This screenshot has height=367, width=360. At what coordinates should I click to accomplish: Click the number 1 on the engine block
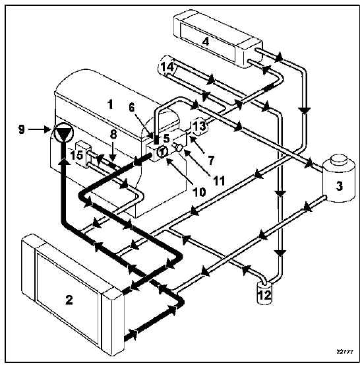click(x=110, y=105)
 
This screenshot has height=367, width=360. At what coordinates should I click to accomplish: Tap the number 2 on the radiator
click(x=69, y=300)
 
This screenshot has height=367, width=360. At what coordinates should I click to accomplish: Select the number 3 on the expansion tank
click(x=340, y=186)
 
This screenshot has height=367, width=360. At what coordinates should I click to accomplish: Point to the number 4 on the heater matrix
click(x=206, y=42)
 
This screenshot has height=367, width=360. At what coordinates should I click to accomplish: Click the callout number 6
click(x=132, y=108)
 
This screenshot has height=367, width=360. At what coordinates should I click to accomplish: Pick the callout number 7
click(x=211, y=161)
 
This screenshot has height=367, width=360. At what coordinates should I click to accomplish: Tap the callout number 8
click(x=113, y=135)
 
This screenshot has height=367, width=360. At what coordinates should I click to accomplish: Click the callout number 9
click(x=22, y=129)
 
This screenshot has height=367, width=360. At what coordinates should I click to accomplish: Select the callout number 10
click(x=199, y=192)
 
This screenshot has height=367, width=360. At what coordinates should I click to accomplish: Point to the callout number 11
click(x=219, y=181)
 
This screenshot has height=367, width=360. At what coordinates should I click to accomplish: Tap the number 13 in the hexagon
click(x=200, y=126)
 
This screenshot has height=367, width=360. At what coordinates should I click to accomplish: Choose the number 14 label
click(x=167, y=67)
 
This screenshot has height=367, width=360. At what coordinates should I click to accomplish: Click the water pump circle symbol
click(x=63, y=132)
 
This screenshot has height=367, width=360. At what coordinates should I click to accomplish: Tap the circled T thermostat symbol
click(x=162, y=152)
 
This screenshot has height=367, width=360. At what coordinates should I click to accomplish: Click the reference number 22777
click(x=345, y=352)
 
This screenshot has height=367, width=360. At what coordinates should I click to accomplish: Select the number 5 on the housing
click(x=166, y=139)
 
